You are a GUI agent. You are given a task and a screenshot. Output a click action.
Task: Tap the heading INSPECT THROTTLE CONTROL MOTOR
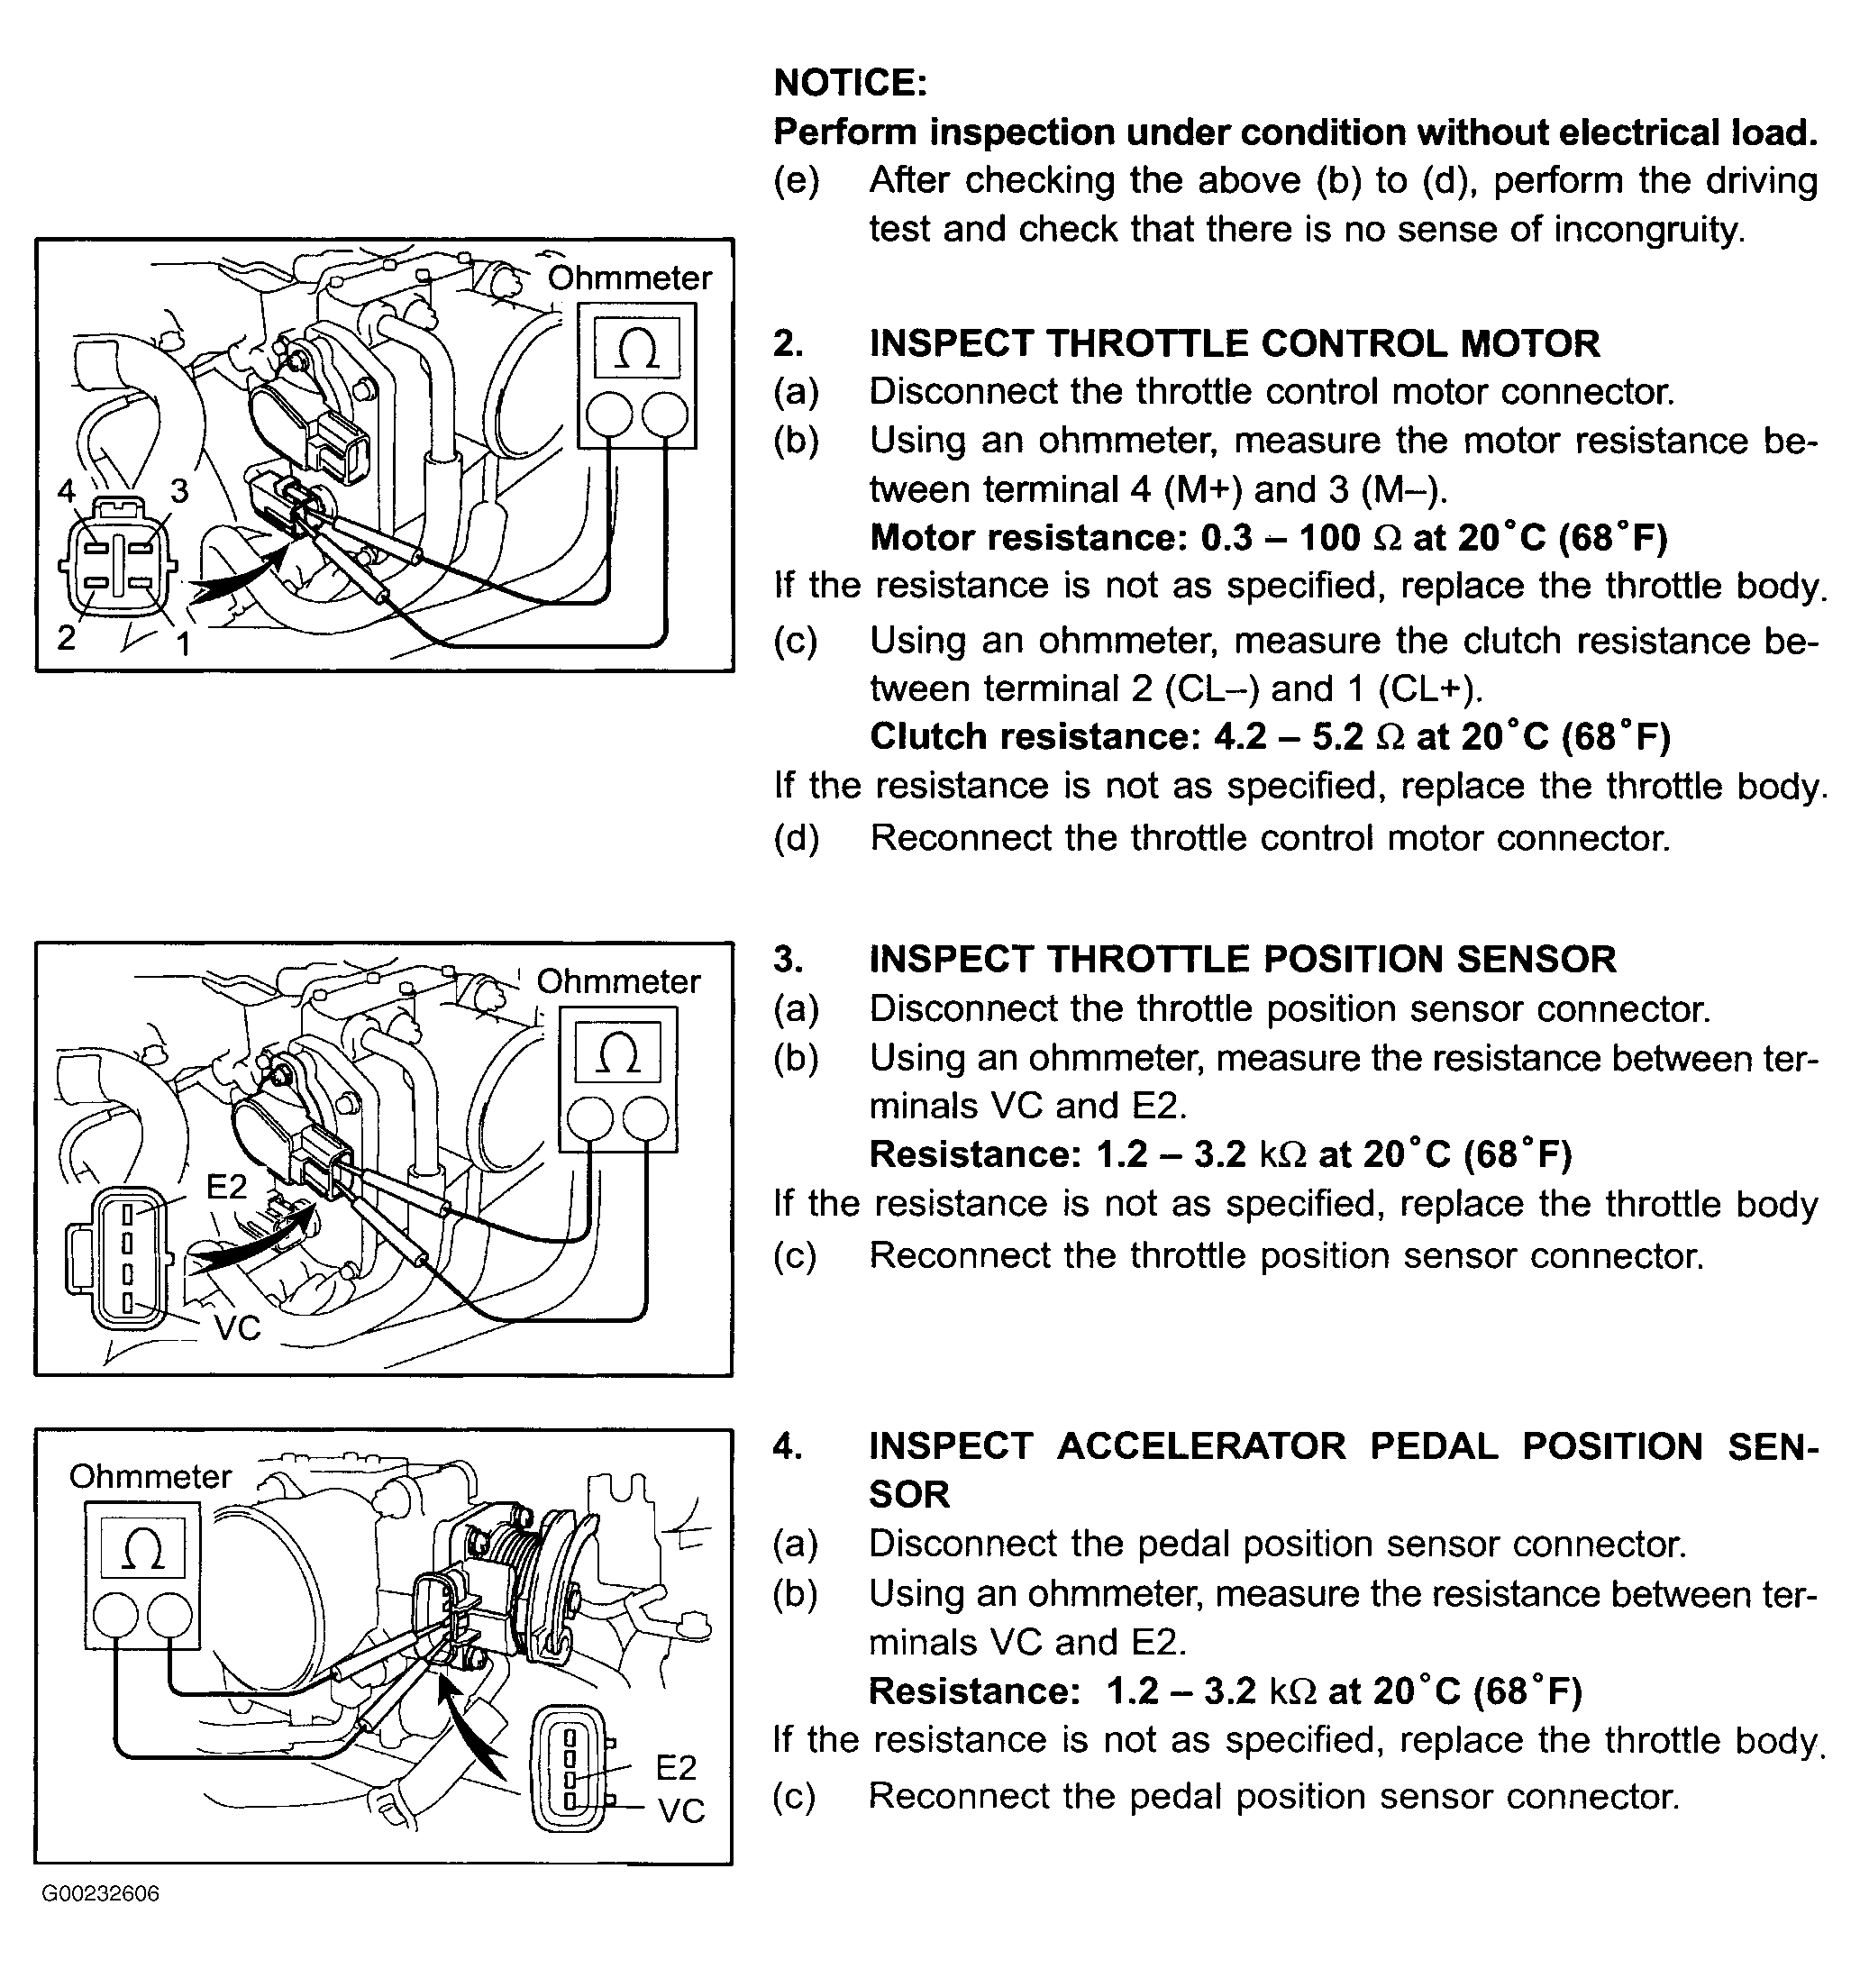[x=1234, y=344]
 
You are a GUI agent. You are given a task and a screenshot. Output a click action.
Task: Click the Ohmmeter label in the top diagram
[x=630, y=278]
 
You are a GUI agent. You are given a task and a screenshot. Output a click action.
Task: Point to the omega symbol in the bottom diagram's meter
[x=142, y=1549]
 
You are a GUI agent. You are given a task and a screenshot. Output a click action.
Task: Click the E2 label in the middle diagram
[x=226, y=1186]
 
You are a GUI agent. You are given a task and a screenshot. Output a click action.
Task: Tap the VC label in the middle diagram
[x=237, y=1328]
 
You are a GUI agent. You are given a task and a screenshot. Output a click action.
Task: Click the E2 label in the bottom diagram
[x=676, y=1768]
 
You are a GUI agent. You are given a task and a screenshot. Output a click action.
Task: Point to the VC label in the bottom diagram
[x=681, y=1811]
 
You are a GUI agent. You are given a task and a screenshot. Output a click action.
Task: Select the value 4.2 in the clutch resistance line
[x=1239, y=736]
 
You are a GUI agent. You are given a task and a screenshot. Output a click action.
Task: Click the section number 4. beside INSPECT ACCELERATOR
[x=789, y=1446]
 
